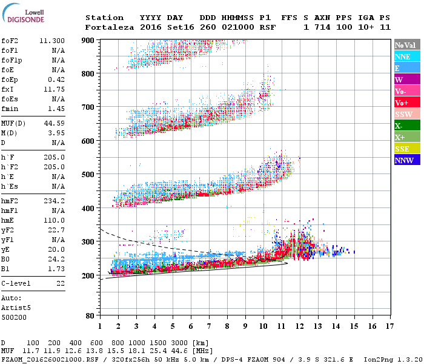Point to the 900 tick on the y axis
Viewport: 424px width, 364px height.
tap(88, 41)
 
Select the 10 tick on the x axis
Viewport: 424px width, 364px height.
tap(263, 326)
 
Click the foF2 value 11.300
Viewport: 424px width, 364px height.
tap(52, 41)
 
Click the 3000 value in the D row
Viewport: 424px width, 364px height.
tap(177, 343)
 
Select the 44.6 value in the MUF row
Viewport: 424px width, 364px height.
tap(177, 351)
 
